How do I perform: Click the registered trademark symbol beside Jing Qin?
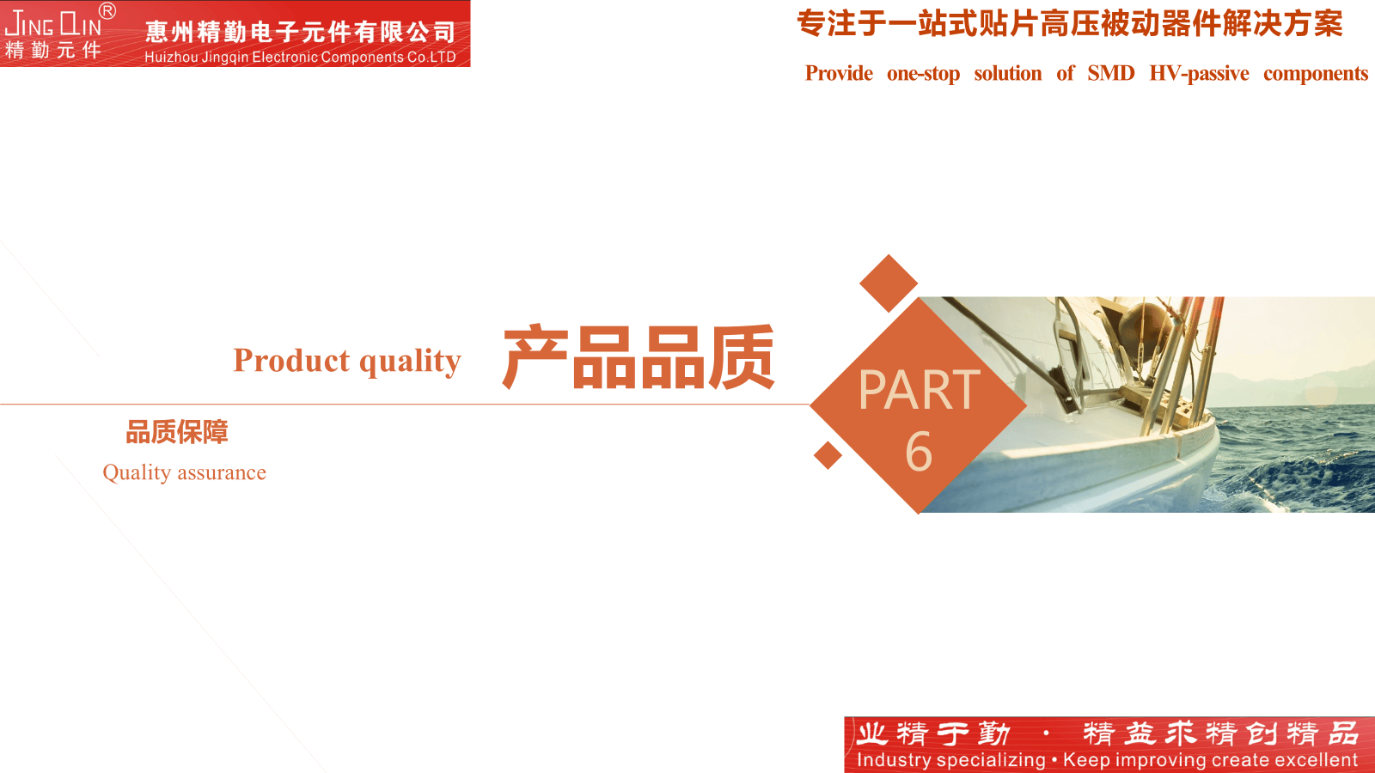(107, 10)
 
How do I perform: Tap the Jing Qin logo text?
(52, 25)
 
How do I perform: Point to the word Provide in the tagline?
(839, 73)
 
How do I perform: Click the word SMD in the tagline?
(1111, 73)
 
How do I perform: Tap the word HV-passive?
(1199, 74)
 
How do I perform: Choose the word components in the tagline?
(1316, 74)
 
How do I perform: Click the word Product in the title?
(291, 360)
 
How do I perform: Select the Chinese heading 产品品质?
(639, 357)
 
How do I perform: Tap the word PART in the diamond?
(919, 390)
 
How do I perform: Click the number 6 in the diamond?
(919, 451)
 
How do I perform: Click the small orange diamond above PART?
(889, 283)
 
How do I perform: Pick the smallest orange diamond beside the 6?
(828, 455)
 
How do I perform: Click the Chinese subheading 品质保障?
(177, 432)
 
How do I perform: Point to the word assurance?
(222, 473)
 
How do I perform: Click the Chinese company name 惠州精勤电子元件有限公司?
(301, 32)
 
